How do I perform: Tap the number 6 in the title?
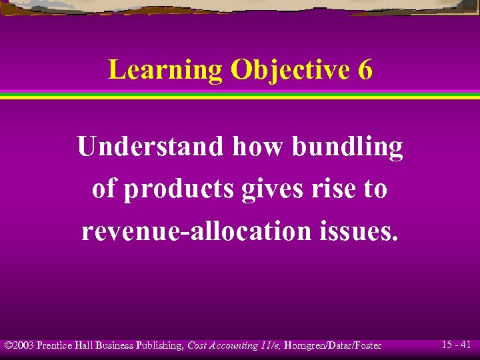[x=365, y=70]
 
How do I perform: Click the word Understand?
[x=151, y=147]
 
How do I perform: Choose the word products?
[x=179, y=189]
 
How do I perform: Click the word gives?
[x=271, y=189]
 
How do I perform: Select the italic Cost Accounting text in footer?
[x=223, y=345]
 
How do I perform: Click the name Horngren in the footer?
[x=305, y=345]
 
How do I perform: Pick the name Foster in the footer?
[x=367, y=345]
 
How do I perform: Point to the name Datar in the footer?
[x=339, y=345]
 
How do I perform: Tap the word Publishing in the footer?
[x=159, y=345]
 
